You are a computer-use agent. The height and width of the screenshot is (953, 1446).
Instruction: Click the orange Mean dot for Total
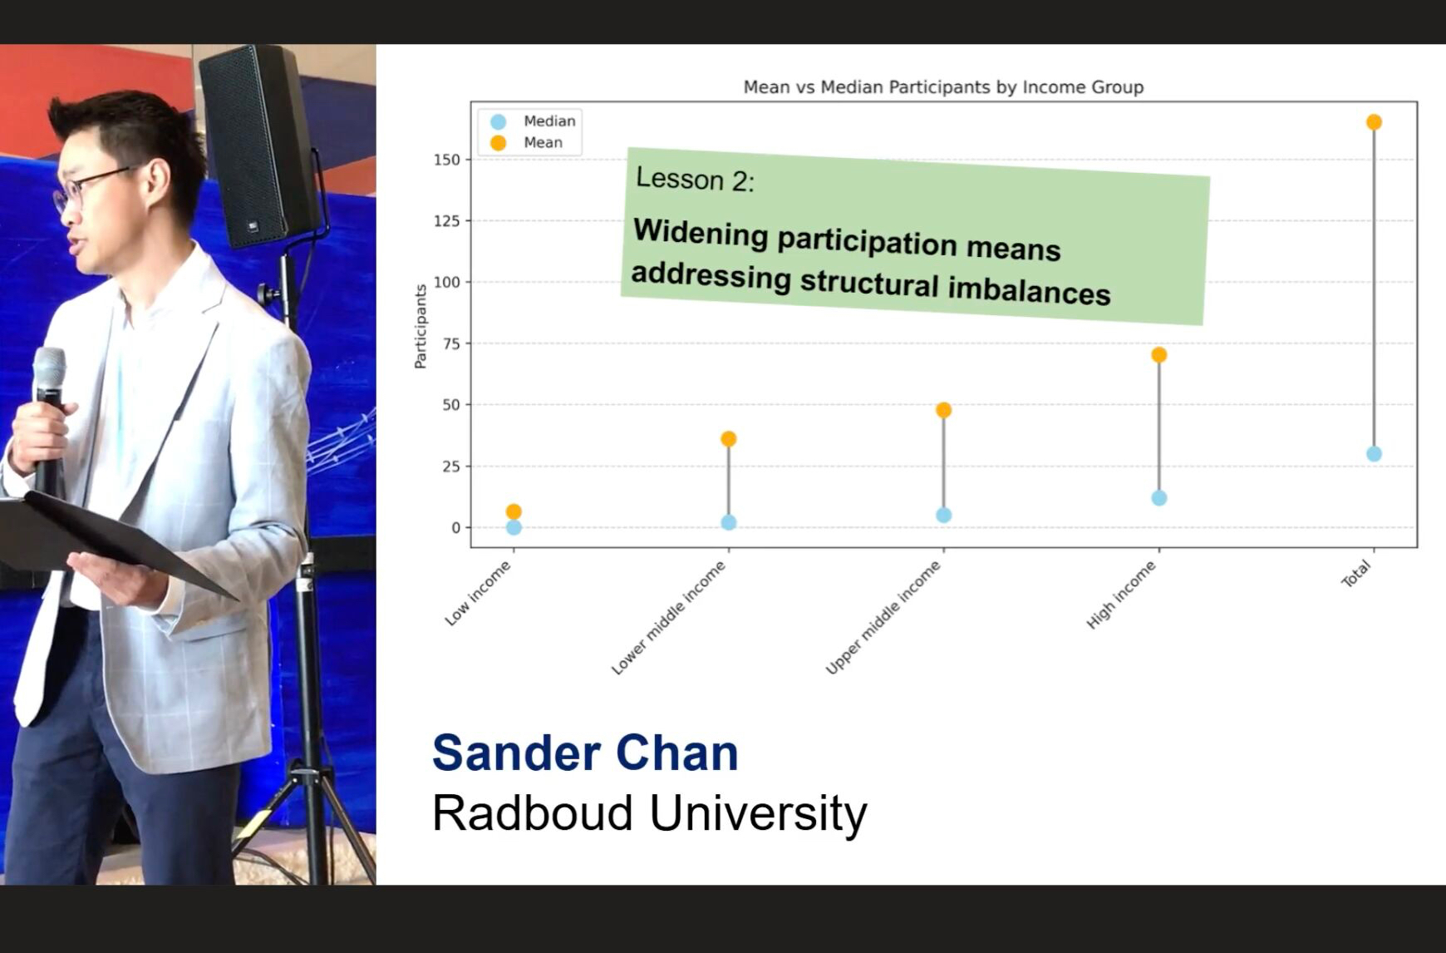point(1374,122)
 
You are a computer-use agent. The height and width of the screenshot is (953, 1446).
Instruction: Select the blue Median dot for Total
point(1374,454)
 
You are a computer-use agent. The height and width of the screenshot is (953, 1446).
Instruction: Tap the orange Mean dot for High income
point(1159,355)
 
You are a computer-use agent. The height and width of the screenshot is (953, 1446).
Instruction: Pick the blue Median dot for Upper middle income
point(943,516)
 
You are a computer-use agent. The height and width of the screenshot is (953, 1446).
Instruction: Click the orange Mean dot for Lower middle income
point(729,439)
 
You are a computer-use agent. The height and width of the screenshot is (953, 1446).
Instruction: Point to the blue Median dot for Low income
point(514,527)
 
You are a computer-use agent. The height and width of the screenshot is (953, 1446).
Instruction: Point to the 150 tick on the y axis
point(447,160)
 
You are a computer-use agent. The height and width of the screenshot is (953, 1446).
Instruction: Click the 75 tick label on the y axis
point(451,343)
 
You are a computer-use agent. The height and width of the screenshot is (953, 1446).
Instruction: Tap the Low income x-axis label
point(478,593)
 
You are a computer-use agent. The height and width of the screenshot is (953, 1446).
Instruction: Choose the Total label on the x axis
point(1356,574)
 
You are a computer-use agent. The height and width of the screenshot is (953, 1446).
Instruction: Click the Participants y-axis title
point(421,327)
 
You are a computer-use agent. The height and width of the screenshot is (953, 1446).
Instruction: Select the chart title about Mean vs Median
point(943,87)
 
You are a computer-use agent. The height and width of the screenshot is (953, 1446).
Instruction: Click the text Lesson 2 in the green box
point(696,179)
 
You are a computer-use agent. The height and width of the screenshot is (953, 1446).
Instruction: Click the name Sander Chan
point(585,753)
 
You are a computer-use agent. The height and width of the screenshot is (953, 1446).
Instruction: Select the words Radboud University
point(650,813)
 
